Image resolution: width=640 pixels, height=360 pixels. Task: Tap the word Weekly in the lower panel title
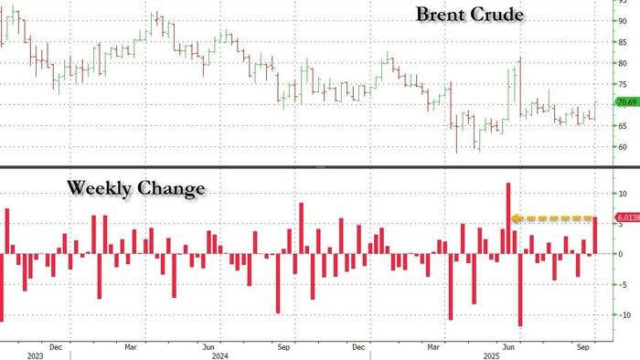click(x=99, y=189)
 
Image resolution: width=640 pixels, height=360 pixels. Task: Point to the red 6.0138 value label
click(x=626, y=217)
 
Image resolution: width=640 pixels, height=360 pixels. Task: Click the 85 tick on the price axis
click(x=622, y=40)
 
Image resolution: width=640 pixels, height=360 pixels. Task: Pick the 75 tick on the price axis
click(x=622, y=83)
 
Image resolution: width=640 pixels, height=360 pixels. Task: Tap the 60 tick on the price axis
click(x=622, y=146)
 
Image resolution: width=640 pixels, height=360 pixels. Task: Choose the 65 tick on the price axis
click(x=622, y=124)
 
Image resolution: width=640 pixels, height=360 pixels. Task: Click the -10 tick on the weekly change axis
click(x=622, y=313)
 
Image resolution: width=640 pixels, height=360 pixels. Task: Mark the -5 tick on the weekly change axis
click(x=622, y=283)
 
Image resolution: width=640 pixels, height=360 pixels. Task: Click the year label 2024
click(x=219, y=355)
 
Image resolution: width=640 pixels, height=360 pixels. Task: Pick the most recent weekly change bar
click(x=595, y=236)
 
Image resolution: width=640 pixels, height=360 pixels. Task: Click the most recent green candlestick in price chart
click(x=595, y=110)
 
